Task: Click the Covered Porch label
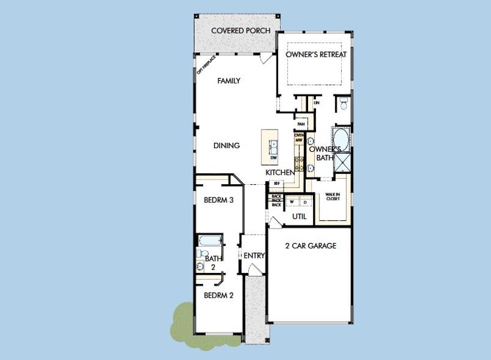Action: pyautogui.click(x=241, y=31)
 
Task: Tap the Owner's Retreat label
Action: pyautogui.click(x=316, y=55)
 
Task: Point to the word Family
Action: pyautogui.click(x=228, y=80)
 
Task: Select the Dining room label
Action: pyautogui.click(x=227, y=145)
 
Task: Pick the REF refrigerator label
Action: pyautogui.click(x=277, y=184)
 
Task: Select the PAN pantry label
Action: pyautogui.click(x=301, y=124)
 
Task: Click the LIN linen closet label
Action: pyautogui.click(x=316, y=103)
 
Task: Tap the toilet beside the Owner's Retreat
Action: pyautogui.click(x=344, y=105)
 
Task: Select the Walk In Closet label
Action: pyautogui.click(x=332, y=197)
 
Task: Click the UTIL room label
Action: pyautogui.click(x=299, y=216)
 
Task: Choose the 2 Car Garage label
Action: pyautogui.click(x=311, y=245)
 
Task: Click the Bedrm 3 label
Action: pyautogui.click(x=218, y=200)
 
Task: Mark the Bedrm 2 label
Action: pyautogui.click(x=218, y=295)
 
